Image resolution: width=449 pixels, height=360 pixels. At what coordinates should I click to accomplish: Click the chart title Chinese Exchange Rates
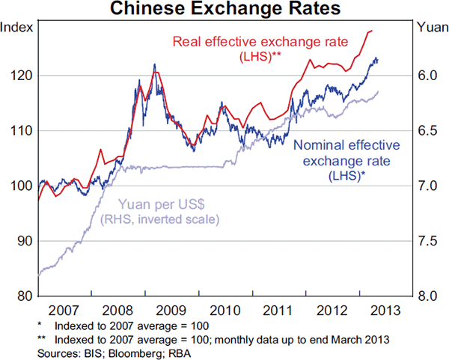(x=224, y=10)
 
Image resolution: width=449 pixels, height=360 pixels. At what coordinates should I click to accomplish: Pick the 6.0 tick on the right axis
(x=427, y=76)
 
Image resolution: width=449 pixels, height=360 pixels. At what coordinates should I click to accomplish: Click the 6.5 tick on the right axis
(x=427, y=131)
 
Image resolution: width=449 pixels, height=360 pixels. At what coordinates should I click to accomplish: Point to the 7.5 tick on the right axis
(x=427, y=241)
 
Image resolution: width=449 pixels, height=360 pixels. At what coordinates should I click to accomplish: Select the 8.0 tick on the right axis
(x=427, y=296)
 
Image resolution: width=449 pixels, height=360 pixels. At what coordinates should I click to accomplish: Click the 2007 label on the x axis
(x=63, y=310)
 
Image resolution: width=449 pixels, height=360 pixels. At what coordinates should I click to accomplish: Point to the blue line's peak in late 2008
(x=154, y=64)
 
